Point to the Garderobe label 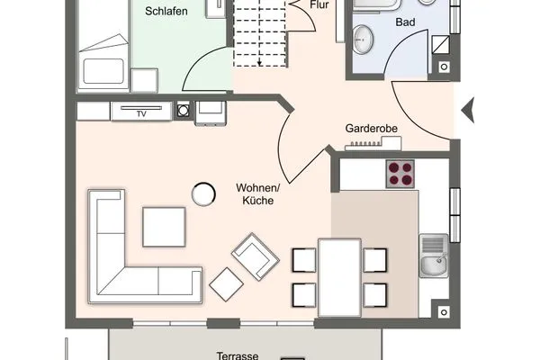pyautogui.click(x=372, y=129)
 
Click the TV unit pyautogui.click(x=139, y=112)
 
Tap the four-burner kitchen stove pyautogui.click(x=400, y=173)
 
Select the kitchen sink pyautogui.click(x=432, y=255)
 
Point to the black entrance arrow pyautogui.click(x=466, y=111)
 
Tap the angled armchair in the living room pyautogui.click(x=256, y=255)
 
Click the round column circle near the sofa pyautogui.click(x=203, y=193)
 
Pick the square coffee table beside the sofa pyautogui.click(x=164, y=226)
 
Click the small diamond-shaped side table pyautogui.click(x=226, y=284)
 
